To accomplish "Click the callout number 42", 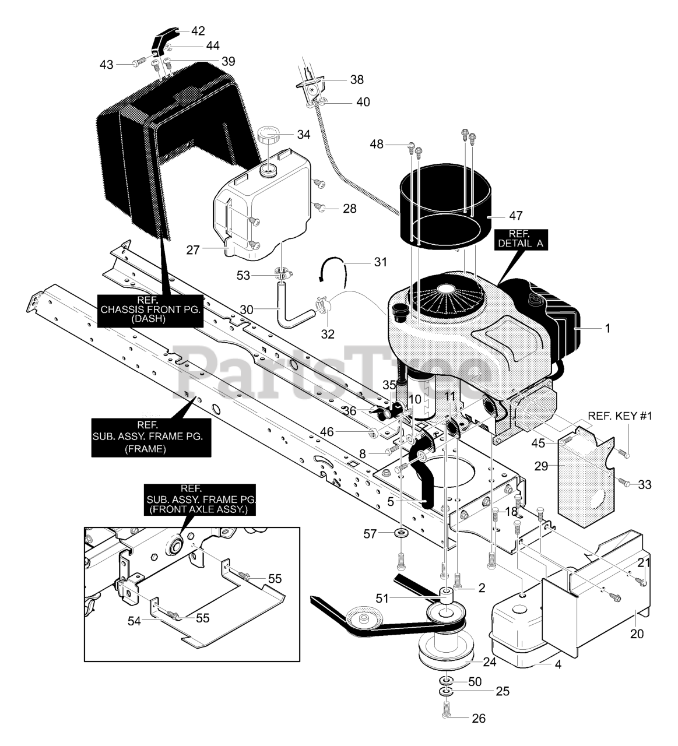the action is tap(198, 31).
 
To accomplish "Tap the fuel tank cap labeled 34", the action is tap(270, 137).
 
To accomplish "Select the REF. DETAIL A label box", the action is tap(521, 239).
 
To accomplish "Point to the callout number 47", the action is tap(516, 215).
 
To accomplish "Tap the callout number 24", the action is tap(489, 661).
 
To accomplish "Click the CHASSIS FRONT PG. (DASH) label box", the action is tap(150, 311).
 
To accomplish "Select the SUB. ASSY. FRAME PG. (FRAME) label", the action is tap(151, 437).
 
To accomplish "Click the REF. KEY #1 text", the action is tap(620, 416).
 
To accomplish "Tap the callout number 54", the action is tap(134, 621).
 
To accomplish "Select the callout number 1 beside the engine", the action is tap(607, 328).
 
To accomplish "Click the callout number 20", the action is tap(637, 634).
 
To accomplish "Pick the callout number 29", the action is tap(542, 466).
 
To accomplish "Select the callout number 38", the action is tap(357, 80).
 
